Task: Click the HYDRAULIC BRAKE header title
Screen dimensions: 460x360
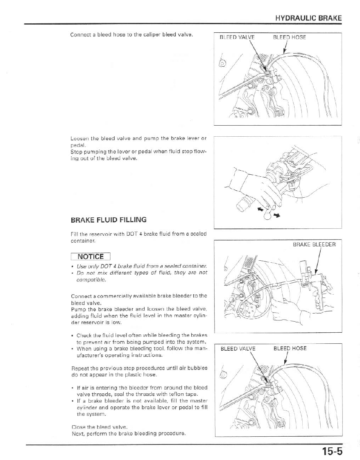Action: click(308, 18)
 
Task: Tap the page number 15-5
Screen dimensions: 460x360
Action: click(331, 451)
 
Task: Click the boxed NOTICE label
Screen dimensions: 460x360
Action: click(91, 257)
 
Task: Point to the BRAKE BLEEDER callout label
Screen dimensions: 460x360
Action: click(314, 244)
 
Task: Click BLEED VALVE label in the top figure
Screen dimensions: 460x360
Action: click(237, 37)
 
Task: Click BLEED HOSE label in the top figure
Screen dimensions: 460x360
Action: click(289, 37)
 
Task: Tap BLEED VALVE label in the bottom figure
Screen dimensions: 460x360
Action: click(238, 349)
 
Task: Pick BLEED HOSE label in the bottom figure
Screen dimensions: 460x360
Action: click(290, 349)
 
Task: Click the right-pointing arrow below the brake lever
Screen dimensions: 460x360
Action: click(277, 214)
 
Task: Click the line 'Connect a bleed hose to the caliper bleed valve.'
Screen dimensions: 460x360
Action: click(131, 34)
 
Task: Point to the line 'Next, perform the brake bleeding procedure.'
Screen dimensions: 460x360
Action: click(128, 433)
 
